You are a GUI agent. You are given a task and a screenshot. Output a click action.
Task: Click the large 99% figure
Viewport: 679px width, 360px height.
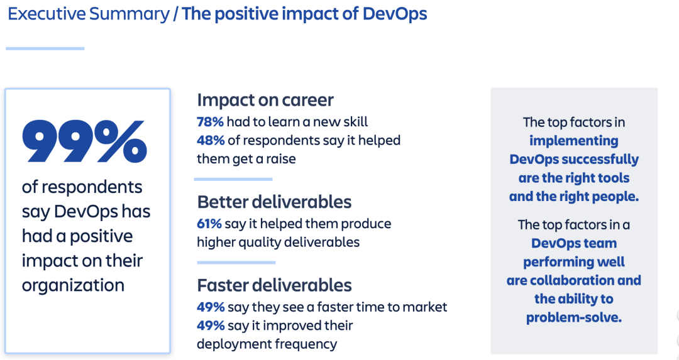(x=84, y=141)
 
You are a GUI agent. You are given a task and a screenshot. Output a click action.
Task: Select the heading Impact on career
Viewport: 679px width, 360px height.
(x=265, y=100)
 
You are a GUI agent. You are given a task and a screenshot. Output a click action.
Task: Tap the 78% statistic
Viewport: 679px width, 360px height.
(x=210, y=122)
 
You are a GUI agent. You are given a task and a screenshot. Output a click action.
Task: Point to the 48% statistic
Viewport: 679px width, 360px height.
(x=210, y=140)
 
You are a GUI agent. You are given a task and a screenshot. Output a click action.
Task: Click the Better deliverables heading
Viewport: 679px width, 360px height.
(x=274, y=202)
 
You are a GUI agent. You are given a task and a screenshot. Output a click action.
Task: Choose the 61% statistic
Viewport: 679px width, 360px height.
(x=209, y=224)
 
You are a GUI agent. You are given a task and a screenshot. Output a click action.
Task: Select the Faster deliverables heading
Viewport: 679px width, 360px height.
(x=274, y=285)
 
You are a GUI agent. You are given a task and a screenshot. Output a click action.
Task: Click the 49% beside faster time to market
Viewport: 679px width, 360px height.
(x=211, y=307)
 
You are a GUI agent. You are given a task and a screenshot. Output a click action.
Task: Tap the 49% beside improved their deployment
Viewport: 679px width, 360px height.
(x=211, y=325)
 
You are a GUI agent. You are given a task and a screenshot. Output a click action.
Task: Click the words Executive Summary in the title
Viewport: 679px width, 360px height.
(x=89, y=14)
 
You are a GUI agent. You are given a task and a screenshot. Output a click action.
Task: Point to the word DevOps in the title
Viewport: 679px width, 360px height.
(x=395, y=14)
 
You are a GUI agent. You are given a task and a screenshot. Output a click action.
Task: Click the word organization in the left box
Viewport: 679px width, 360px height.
(x=73, y=285)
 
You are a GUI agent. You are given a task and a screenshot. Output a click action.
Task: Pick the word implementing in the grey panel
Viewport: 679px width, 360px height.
(x=573, y=141)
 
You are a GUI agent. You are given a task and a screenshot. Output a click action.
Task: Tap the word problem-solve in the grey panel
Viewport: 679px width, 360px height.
(x=573, y=317)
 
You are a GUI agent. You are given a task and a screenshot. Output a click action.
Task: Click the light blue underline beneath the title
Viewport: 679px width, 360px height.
(x=45, y=48)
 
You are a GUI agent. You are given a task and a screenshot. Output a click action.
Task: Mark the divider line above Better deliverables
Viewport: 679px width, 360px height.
(x=233, y=179)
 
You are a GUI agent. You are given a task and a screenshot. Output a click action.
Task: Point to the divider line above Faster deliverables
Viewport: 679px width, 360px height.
(x=236, y=263)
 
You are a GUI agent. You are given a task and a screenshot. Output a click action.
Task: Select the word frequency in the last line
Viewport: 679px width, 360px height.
(x=305, y=344)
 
